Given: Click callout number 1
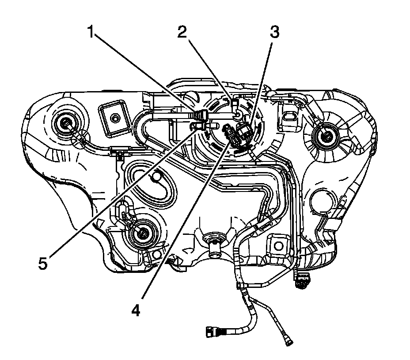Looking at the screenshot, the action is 91,32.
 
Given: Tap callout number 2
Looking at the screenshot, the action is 182,32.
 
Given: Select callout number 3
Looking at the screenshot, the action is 274,32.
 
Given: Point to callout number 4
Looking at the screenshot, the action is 136,310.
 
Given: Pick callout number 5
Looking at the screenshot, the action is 43,263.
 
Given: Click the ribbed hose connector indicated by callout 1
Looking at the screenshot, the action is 201,115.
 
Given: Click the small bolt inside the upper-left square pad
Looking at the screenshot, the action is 114,118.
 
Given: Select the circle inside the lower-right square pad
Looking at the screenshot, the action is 279,245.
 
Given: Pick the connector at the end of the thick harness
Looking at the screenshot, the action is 213,332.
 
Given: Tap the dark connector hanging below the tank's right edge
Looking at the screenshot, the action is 302,281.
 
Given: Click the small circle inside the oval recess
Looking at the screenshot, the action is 157,176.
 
